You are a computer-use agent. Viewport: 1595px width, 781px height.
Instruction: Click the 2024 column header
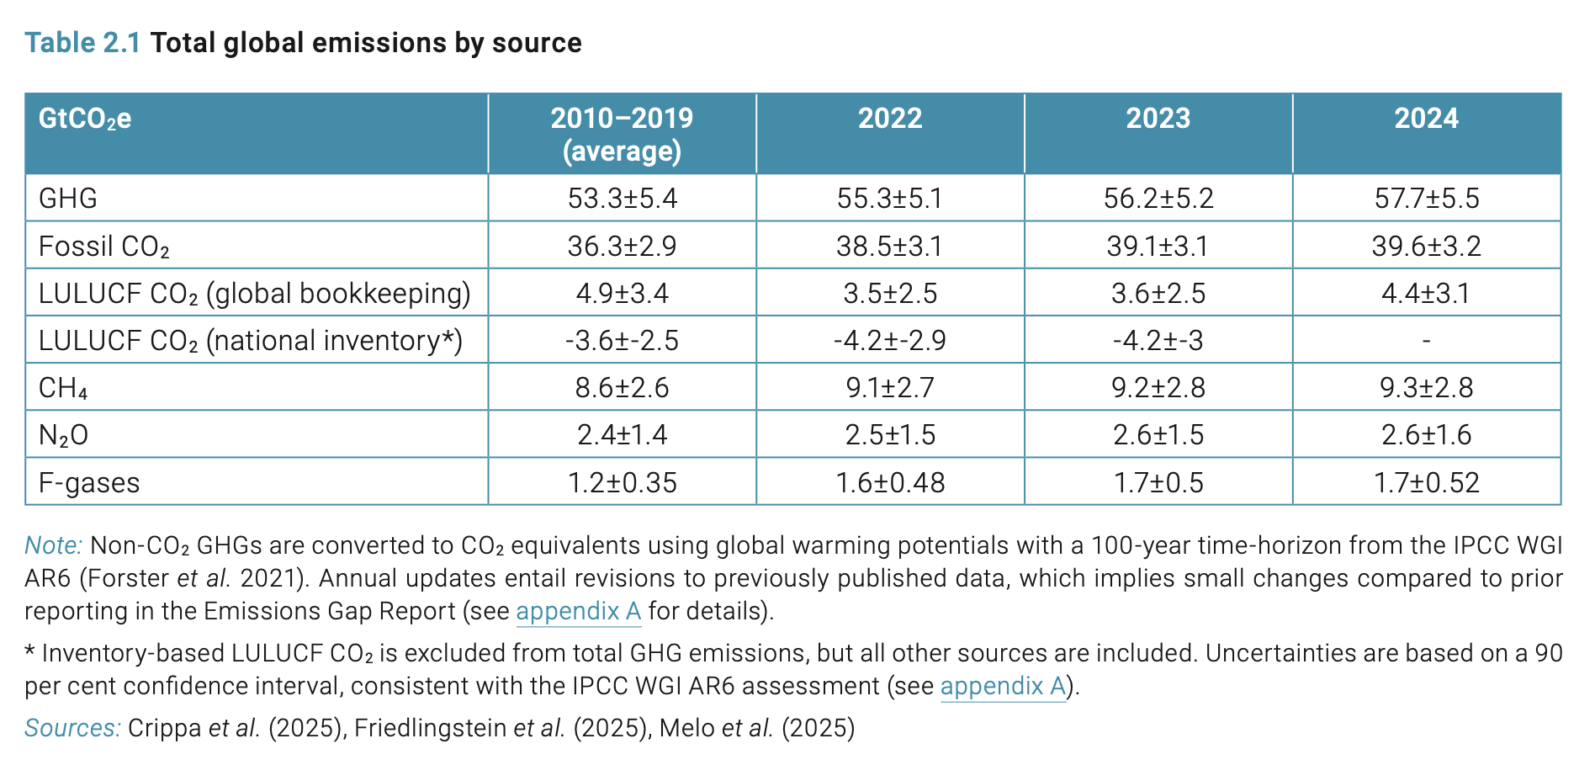pos(1426,119)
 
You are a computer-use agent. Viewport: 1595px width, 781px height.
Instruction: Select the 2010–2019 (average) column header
pos(622,134)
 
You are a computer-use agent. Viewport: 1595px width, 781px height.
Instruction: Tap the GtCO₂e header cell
pos(85,119)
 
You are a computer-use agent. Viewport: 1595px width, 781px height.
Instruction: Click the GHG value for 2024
pos(1426,199)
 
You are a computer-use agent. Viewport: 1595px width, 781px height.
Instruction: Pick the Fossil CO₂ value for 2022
pos(890,246)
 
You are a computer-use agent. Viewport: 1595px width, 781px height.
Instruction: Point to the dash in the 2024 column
pos(1426,341)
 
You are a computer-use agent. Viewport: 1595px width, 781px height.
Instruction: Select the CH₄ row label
pos(63,388)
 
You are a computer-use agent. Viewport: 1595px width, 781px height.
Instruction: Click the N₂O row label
pos(63,435)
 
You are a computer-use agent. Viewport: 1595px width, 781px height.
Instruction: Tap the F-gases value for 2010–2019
pos(622,483)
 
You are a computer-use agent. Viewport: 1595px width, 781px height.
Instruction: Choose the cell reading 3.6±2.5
pos(1158,294)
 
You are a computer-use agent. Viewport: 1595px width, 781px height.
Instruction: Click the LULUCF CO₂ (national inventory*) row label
pos(250,341)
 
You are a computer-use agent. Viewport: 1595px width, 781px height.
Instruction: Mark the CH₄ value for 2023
pos(1158,388)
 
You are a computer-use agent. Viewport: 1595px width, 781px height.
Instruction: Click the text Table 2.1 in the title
pos(82,43)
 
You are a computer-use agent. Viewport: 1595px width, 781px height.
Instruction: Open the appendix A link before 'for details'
pos(578,611)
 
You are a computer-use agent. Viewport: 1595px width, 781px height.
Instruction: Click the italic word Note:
pos(53,545)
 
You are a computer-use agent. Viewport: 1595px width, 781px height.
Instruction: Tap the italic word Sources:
pos(72,728)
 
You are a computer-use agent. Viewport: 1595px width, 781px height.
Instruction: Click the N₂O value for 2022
pos(890,435)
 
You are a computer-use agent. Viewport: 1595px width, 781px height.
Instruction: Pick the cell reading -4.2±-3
pos(1158,341)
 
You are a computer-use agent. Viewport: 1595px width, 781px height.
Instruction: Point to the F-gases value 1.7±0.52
pos(1426,483)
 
